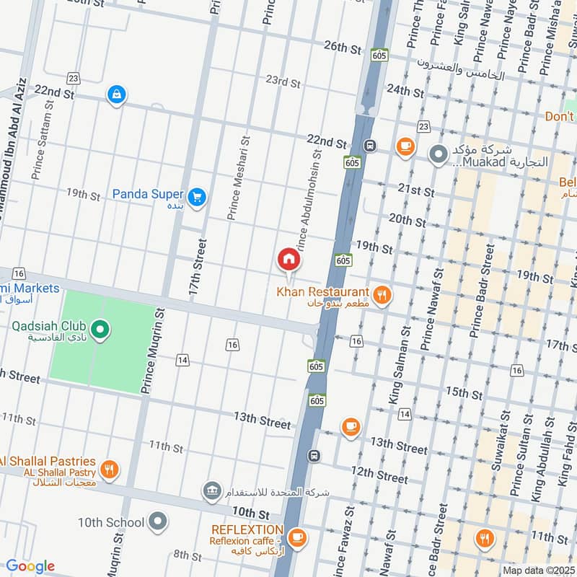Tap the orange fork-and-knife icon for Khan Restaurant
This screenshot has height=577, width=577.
coord(382,294)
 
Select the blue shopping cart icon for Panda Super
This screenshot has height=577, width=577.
coord(196,196)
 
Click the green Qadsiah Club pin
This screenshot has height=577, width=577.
coord(101,331)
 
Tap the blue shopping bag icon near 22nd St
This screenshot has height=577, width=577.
coord(115,94)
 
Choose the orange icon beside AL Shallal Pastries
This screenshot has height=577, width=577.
coord(110,470)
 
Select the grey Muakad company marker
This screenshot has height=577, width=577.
coord(438,154)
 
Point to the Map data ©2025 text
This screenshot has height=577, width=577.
coord(538,570)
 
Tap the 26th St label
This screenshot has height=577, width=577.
coord(342,48)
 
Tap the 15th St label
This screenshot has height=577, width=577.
coord(464,392)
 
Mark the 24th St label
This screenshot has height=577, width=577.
coord(405,91)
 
